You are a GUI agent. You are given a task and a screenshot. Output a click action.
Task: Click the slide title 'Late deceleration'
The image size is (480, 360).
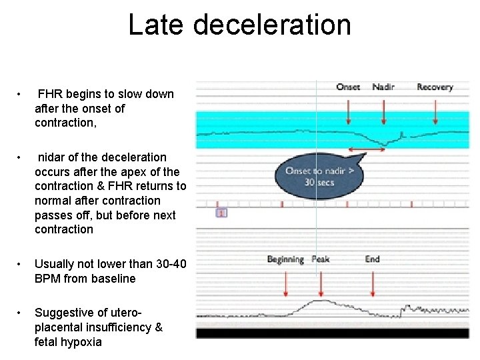[x=239, y=25]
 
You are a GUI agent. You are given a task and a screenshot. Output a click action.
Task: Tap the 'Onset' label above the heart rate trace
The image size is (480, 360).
[x=348, y=87]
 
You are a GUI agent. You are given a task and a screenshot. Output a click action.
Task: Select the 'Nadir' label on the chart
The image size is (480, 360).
[x=383, y=87]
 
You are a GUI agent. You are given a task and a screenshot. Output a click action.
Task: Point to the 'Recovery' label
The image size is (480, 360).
[x=435, y=87]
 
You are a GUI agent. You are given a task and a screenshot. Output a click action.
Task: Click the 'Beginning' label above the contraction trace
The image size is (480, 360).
[x=285, y=259]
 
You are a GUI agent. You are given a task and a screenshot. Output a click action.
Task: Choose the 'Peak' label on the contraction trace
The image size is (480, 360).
[x=321, y=259]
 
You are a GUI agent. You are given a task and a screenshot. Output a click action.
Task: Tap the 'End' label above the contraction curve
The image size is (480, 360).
[x=372, y=259]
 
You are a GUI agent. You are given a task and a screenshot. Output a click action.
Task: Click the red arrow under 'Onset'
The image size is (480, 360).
[x=348, y=110]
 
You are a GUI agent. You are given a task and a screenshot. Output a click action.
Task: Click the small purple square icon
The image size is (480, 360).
[x=221, y=213]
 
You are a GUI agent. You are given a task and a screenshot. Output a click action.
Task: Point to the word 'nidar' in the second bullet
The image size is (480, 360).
[x=51, y=157]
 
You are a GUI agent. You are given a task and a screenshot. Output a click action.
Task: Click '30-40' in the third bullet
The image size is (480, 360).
[x=159, y=265]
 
